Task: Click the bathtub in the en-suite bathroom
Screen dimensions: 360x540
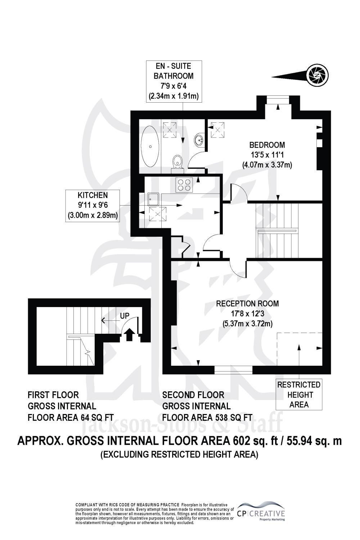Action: [150, 146]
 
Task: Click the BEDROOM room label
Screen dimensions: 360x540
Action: [267, 145]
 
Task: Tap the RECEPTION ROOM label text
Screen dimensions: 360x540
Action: [247, 303]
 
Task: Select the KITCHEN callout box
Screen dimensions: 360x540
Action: [93, 206]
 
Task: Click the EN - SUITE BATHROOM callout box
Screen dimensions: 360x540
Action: [174, 81]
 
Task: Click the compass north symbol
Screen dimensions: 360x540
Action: [319, 75]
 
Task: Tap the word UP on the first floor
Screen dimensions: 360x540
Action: [125, 316]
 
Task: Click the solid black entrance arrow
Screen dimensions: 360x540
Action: [130, 335]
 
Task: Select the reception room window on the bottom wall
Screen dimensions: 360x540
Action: [233, 370]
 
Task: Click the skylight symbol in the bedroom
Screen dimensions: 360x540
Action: [217, 130]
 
